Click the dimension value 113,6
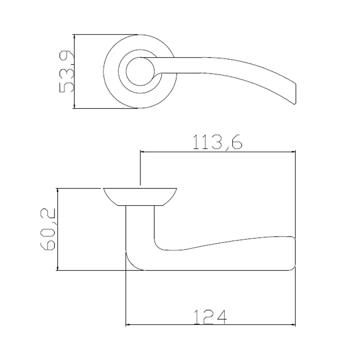[217, 143]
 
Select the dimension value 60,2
[48, 229]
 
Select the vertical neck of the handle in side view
[140, 227]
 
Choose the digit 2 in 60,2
[48, 213]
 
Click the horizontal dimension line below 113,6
[217, 152]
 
